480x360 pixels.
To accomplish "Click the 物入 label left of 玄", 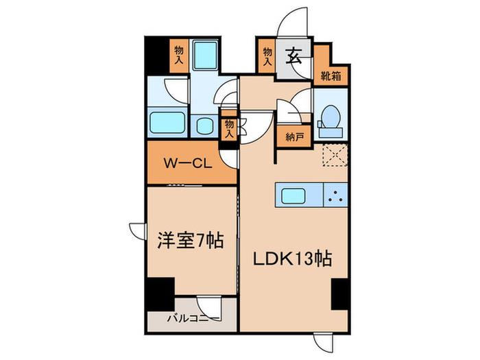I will point(266,56).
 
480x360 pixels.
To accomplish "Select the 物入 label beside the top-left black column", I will point(178,56).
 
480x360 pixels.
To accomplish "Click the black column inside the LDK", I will point(339,293).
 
